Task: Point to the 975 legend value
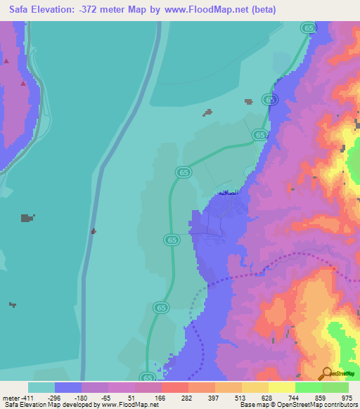(x=347, y=398)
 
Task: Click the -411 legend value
(x=27, y=398)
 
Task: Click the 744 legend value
(x=294, y=398)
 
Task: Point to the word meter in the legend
(x=10, y=398)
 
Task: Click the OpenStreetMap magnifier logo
(x=327, y=373)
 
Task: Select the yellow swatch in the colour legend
(x=281, y=387)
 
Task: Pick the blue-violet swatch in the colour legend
(x=68, y=387)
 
